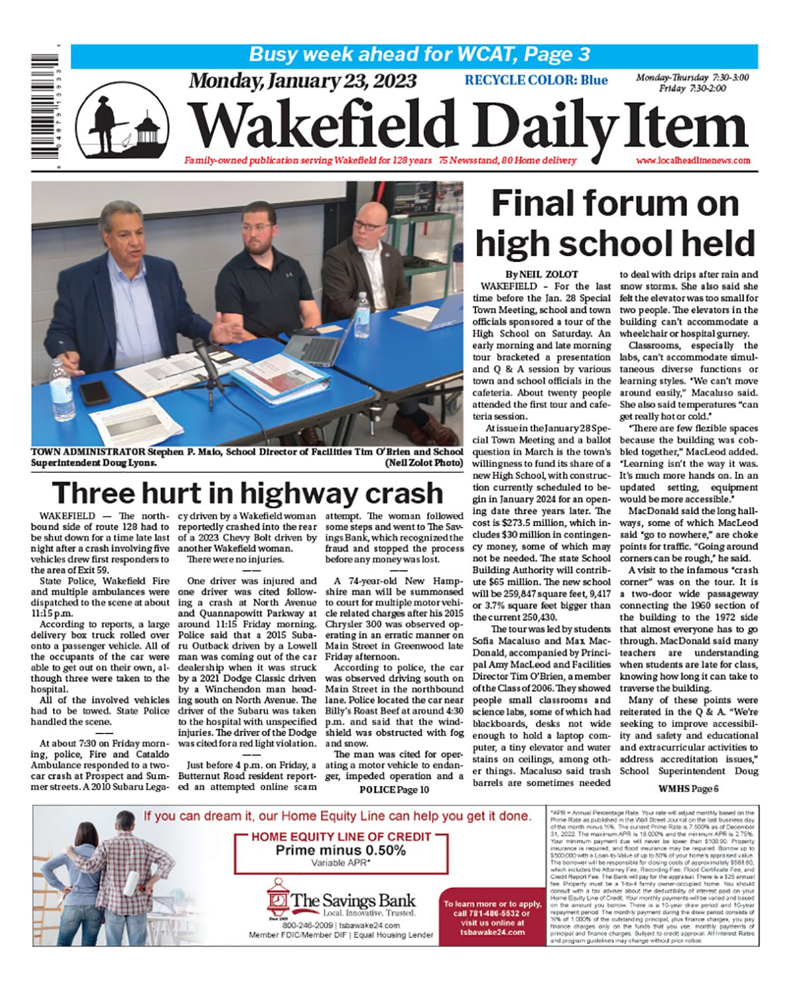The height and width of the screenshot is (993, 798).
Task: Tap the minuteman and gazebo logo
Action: click(x=122, y=122)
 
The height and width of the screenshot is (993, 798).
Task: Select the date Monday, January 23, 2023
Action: click(x=303, y=80)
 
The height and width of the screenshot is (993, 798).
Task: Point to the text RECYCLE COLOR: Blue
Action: click(x=536, y=80)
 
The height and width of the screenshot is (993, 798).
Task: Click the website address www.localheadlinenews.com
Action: click(x=692, y=160)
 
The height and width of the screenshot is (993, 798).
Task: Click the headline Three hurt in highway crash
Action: click(x=247, y=493)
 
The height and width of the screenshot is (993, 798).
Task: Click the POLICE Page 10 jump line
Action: click(x=394, y=789)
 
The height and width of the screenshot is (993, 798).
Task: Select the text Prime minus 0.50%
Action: click(x=340, y=850)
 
